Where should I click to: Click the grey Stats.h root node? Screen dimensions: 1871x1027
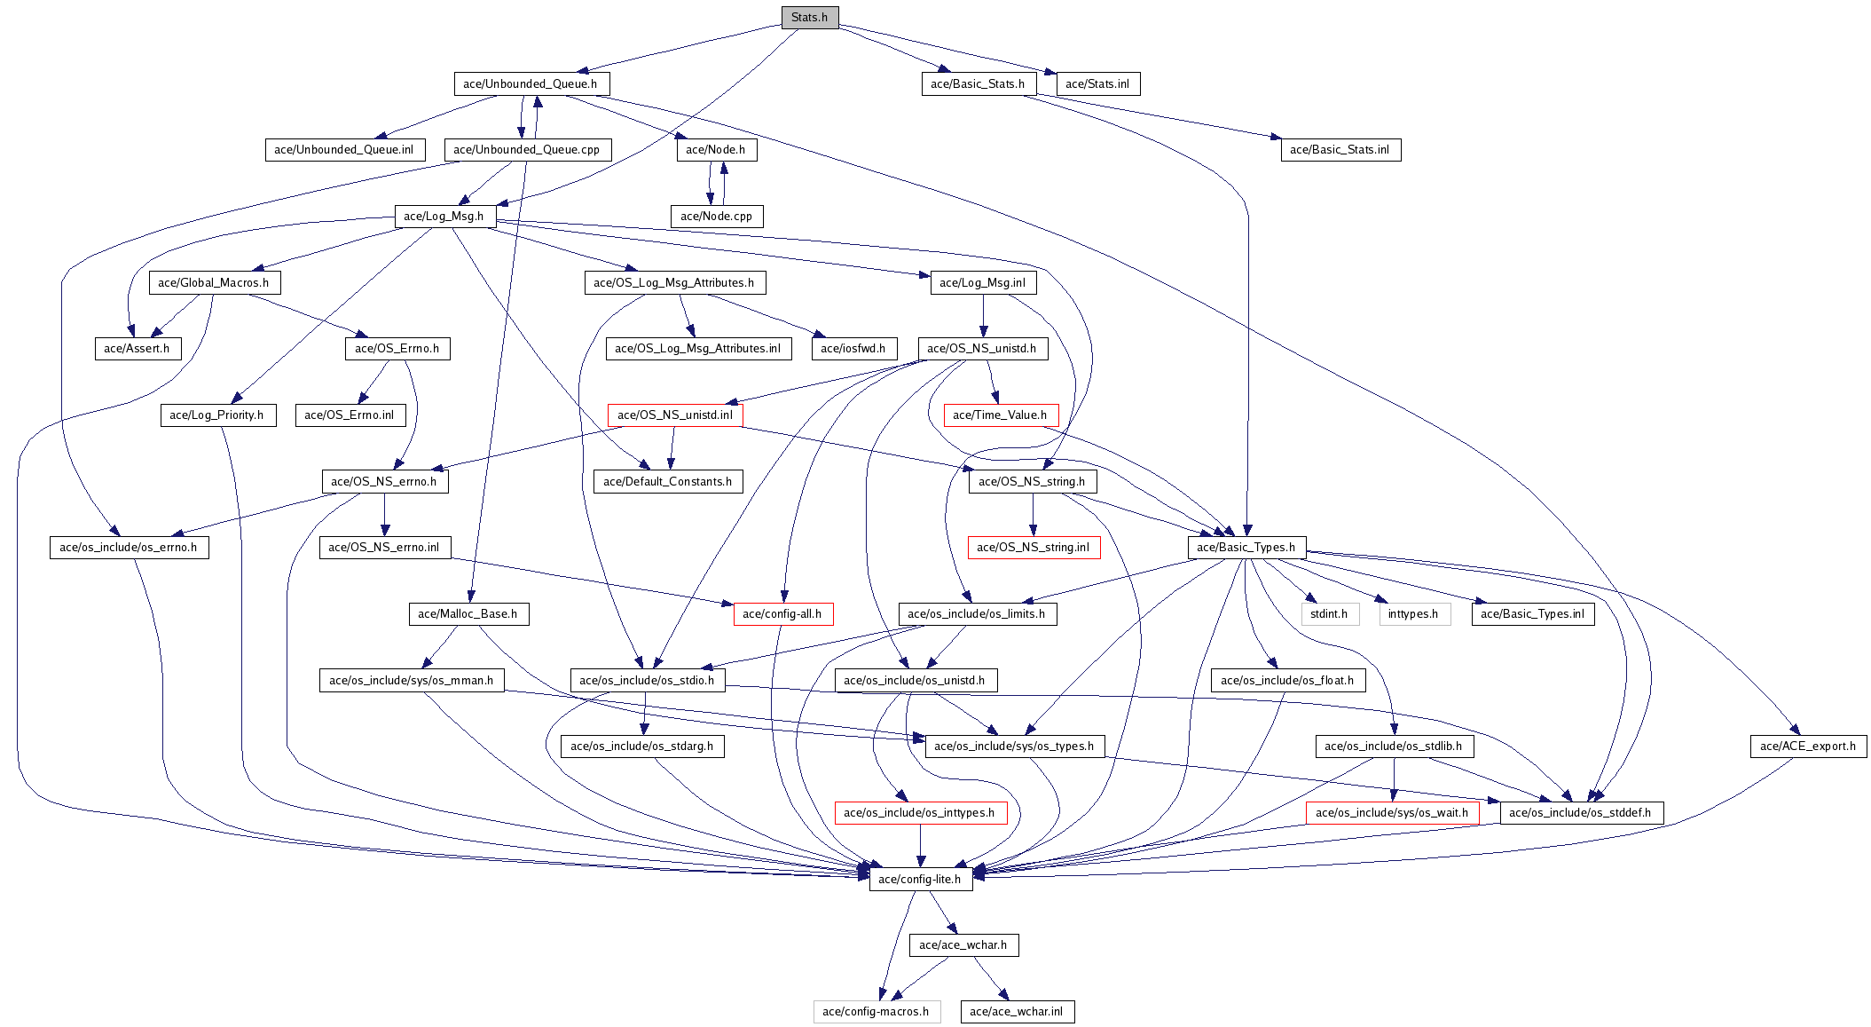(x=809, y=18)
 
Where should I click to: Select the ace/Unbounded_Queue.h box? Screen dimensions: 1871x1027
(x=531, y=84)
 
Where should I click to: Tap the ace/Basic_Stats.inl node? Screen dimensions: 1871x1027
(x=1340, y=150)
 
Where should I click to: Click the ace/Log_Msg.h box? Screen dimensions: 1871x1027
(x=444, y=217)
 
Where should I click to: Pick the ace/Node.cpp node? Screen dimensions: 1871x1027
(x=716, y=217)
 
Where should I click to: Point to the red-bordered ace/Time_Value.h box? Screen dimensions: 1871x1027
(x=1000, y=415)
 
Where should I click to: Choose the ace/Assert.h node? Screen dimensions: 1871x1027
(x=138, y=349)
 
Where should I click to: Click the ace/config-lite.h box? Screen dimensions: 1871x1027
(x=920, y=880)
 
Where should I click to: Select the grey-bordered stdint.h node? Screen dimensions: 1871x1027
(x=1329, y=614)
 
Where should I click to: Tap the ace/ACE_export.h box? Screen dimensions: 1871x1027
(x=1808, y=747)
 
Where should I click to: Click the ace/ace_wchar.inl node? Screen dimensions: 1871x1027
(x=1017, y=1012)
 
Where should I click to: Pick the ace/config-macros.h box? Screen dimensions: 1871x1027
(x=877, y=1012)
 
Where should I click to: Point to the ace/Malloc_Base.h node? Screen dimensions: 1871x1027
(x=468, y=614)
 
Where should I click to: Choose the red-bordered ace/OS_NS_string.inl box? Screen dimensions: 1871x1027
(x=1034, y=548)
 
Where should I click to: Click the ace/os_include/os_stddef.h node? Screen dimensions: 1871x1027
(x=1581, y=813)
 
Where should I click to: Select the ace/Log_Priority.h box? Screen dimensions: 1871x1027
(x=217, y=415)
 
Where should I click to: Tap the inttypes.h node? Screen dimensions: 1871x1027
(x=1414, y=614)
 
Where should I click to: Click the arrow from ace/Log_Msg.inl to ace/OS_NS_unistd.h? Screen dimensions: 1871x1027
(x=983, y=316)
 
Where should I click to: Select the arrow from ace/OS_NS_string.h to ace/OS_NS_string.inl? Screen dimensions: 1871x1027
(x=1033, y=515)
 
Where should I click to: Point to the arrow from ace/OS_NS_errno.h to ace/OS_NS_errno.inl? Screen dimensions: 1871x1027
(x=384, y=515)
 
